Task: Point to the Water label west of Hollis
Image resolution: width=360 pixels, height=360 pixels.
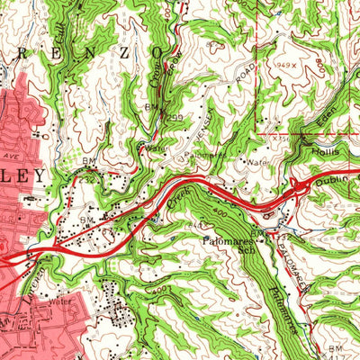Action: coord(258,164)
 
